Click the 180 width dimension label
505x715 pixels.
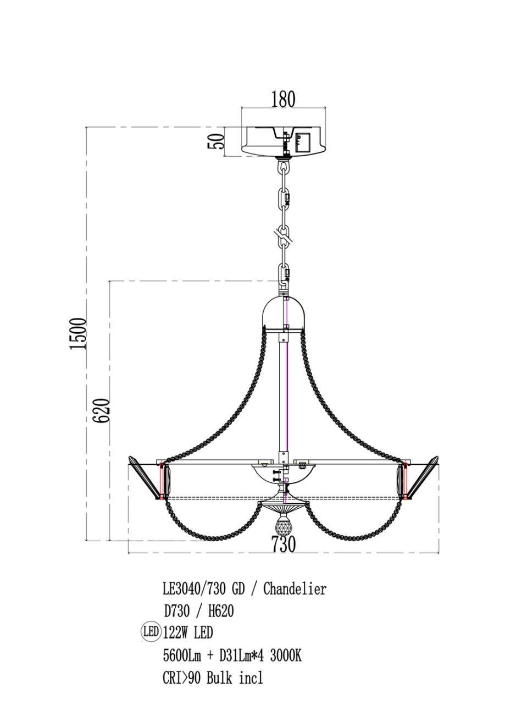click(x=283, y=99)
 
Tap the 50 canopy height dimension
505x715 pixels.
click(x=216, y=141)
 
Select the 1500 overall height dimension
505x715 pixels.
click(x=78, y=333)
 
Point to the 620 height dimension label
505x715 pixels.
click(x=102, y=411)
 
